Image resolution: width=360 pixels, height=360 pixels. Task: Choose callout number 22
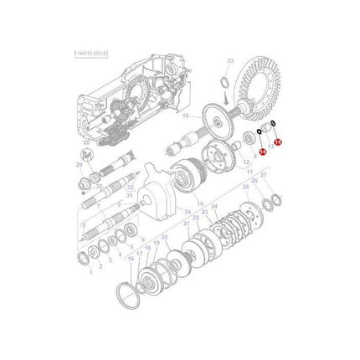(x=195, y=217)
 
